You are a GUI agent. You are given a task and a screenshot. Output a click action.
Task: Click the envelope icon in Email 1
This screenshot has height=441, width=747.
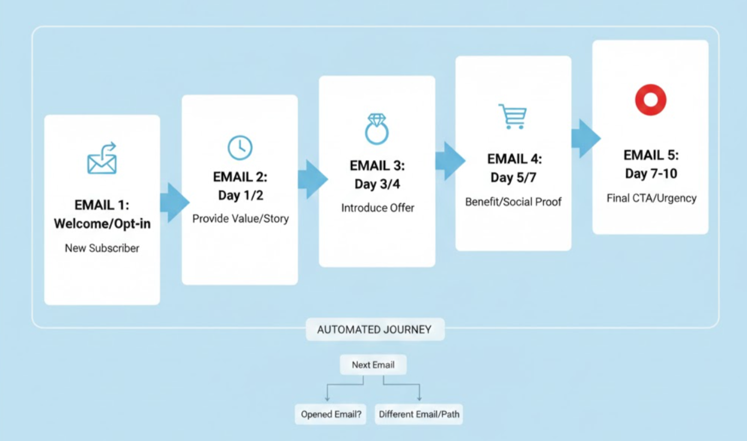click(x=102, y=159)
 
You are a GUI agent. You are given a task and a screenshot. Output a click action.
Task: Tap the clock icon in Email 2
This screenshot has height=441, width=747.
click(x=240, y=147)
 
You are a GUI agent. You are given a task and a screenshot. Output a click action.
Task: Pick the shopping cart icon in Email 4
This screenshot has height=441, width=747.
click(x=513, y=116)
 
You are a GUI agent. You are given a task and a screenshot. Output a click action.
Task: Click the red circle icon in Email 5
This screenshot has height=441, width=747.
click(x=650, y=100)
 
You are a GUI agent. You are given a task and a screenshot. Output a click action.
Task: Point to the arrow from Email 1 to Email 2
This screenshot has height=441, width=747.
click(x=174, y=202)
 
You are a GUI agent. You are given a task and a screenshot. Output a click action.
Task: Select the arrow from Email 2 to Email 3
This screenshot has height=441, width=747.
click(x=313, y=179)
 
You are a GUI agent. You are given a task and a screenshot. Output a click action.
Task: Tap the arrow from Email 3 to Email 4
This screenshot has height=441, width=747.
click(x=450, y=161)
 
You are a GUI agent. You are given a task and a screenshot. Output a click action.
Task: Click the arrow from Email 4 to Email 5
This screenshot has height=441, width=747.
click(x=585, y=138)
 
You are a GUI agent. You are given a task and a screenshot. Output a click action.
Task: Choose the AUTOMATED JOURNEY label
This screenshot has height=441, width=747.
click(x=374, y=330)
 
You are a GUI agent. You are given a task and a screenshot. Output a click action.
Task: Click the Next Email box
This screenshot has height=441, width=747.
click(x=373, y=365)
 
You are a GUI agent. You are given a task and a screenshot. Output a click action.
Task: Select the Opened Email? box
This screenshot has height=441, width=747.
click(x=331, y=414)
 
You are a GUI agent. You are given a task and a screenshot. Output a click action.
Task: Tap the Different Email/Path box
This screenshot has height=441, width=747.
click(x=419, y=414)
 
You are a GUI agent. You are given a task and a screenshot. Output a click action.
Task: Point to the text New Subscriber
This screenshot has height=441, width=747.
click(x=102, y=248)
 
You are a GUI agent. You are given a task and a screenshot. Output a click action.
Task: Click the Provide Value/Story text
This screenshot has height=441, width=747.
click(x=240, y=218)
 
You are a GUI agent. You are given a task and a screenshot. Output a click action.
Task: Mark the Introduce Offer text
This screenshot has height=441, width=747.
click(x=377, y=208)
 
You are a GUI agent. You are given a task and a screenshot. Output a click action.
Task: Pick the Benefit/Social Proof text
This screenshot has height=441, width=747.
click(x=513, y=202)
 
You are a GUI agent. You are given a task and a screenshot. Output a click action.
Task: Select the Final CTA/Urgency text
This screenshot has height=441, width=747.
click(x=651, y=198)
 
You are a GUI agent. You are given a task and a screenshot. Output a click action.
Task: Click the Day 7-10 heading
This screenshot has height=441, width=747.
click(x=651, y=174)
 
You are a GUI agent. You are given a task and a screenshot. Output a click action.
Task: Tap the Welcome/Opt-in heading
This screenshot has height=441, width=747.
click(x=102, y=224)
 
